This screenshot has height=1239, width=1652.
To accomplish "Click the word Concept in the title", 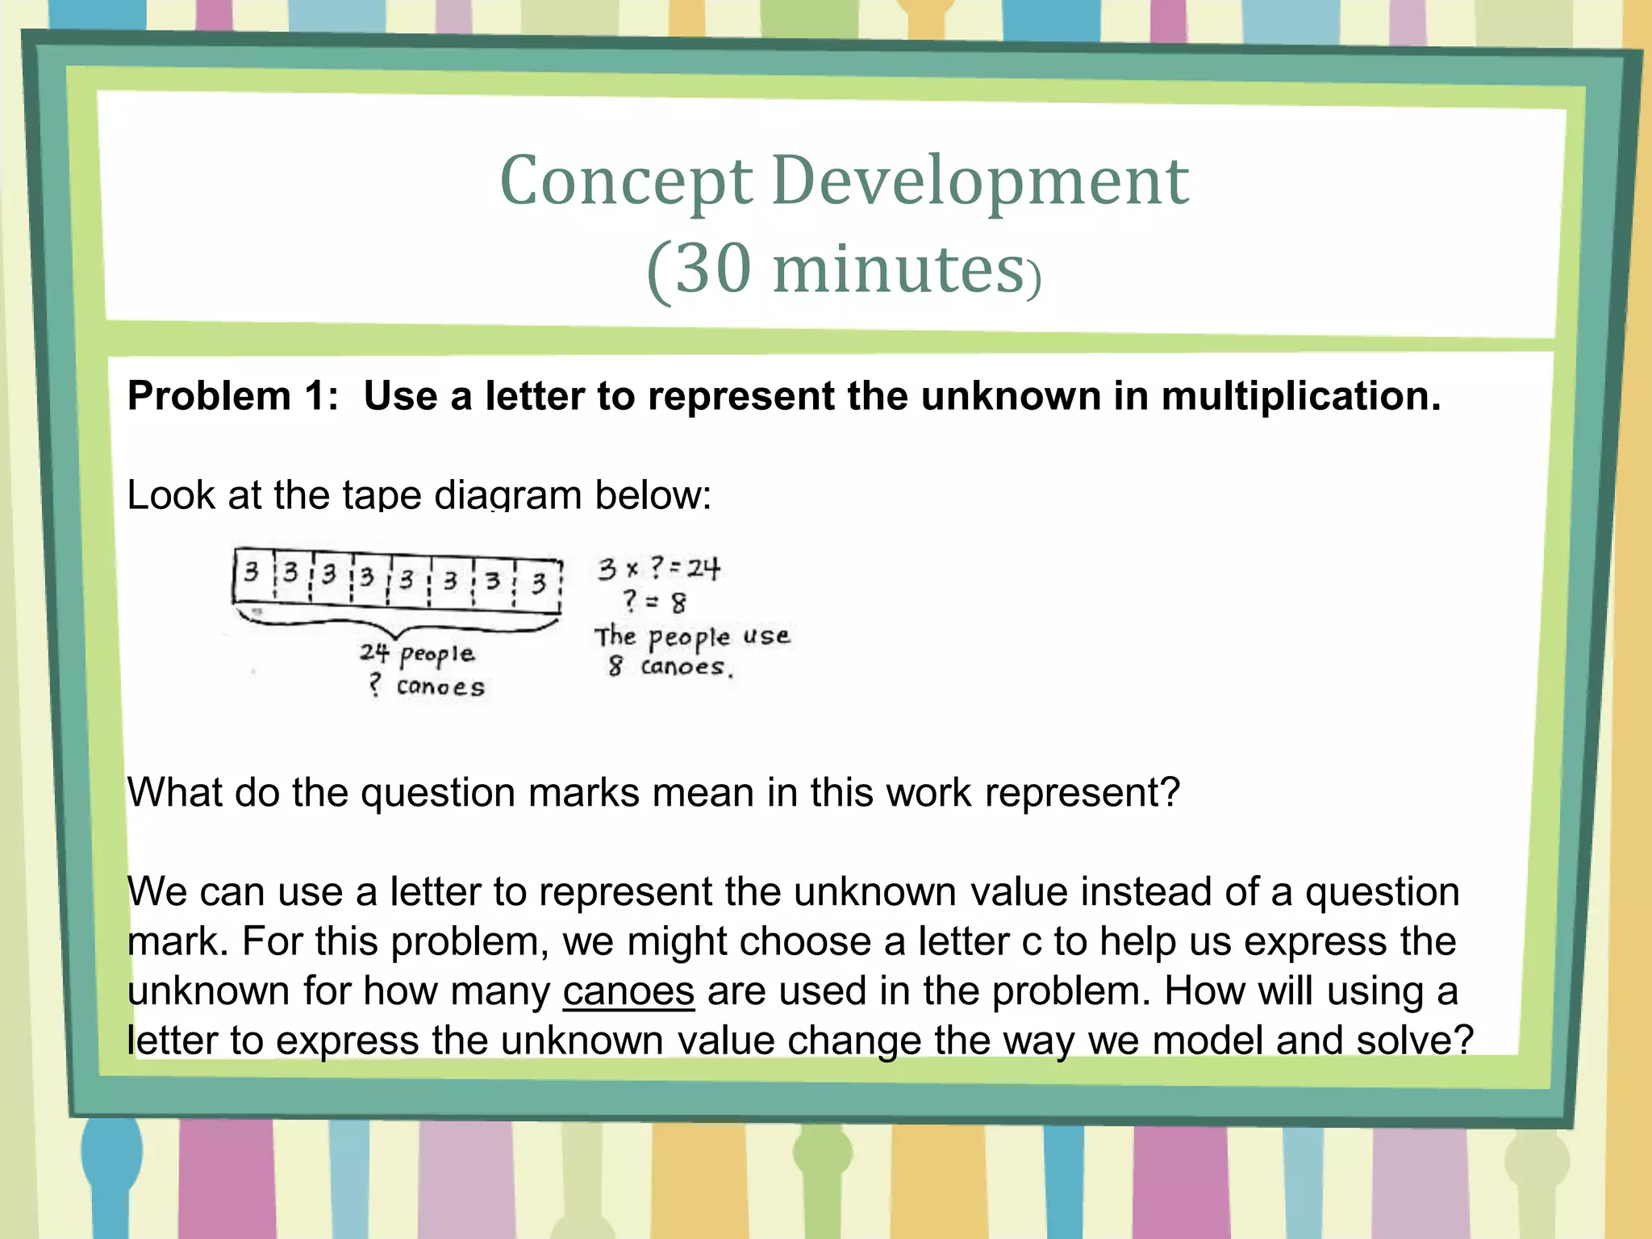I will click(626, 181).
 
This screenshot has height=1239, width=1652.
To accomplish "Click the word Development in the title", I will click(979, 181).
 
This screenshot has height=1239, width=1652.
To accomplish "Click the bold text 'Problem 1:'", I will click(233, 396).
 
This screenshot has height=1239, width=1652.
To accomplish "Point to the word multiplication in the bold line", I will click(1300, 396).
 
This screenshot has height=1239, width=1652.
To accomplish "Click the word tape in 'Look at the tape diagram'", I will click(382, 494).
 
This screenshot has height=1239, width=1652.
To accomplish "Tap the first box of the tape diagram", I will click(252, 574).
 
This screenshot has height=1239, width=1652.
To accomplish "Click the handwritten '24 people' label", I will click(417, 653).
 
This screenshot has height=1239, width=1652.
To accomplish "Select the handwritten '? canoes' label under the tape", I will click(427, 686).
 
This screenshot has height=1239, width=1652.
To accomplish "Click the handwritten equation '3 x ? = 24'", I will click(658, 569).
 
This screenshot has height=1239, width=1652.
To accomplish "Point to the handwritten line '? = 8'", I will click(654, 601).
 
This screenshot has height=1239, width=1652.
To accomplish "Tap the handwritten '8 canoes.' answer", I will click(670, 667).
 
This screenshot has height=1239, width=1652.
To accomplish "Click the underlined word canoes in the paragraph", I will click(628, 991).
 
